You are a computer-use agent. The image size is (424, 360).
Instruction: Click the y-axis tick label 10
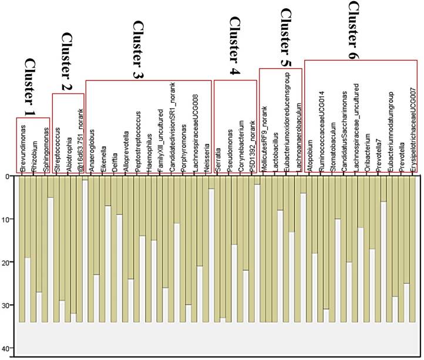8,220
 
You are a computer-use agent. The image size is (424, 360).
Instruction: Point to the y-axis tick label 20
8,263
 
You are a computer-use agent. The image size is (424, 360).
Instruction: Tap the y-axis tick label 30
8,305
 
